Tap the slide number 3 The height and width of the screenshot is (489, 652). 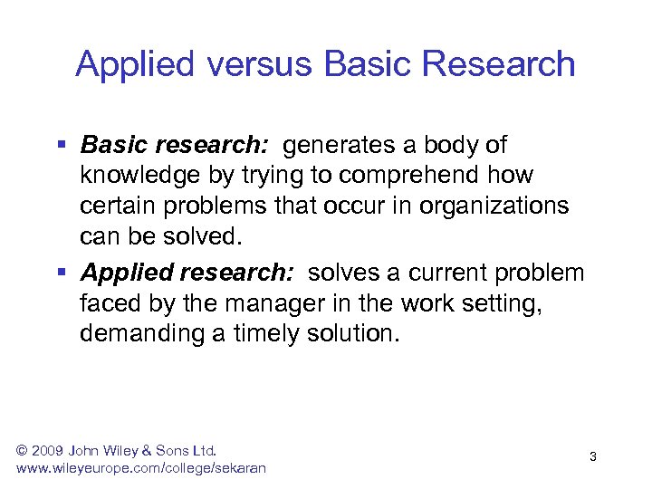pos(592,457)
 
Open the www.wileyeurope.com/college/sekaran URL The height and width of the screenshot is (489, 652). pos(141,468)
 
